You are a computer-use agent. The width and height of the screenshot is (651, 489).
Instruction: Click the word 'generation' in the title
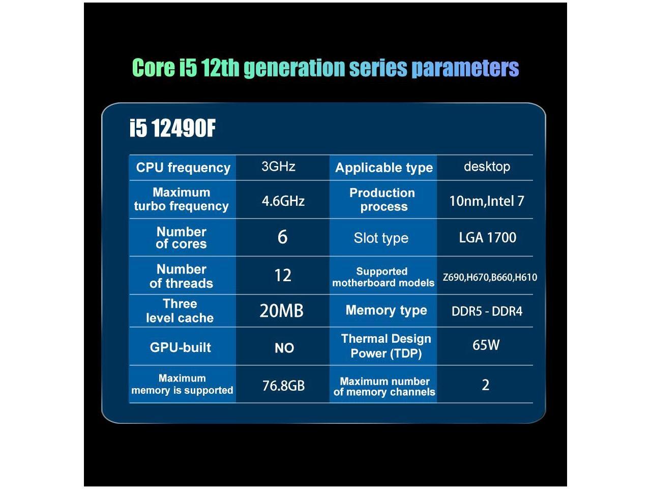coord(294,68)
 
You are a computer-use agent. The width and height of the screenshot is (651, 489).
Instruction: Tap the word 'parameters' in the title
coord(465,68)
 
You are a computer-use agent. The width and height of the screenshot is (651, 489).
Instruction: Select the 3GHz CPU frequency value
coord(278,167)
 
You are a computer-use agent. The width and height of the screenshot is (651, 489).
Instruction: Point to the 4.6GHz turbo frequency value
coord(283,201)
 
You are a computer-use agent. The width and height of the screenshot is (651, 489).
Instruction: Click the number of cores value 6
coord(282,237)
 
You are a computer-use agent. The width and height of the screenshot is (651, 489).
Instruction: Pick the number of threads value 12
coord(283,276)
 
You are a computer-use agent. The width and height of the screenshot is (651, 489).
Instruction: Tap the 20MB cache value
coord(281,311)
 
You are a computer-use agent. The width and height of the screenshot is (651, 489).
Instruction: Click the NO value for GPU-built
coord(284,348)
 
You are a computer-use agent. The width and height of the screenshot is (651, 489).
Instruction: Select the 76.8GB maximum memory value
coord(283,386)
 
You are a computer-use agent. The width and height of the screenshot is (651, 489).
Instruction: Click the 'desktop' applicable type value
coord(487,167)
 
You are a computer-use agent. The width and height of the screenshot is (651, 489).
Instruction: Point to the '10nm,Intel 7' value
coord(486,201)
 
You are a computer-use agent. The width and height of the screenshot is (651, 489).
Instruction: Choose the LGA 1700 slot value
coord(487,237)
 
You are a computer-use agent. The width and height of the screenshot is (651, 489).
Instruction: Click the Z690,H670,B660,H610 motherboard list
coord(490,278)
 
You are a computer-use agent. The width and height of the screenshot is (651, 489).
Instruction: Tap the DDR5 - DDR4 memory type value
coord(487,311)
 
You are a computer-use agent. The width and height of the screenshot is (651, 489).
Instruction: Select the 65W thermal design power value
coord(486,345)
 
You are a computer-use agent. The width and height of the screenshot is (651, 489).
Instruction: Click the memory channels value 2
coord(486,385)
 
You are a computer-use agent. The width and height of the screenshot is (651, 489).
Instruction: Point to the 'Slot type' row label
coord(381,238)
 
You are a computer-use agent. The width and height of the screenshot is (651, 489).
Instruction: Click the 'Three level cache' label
coord(180,311)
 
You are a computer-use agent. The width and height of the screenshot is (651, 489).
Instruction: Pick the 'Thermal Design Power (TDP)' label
coord(386,346)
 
